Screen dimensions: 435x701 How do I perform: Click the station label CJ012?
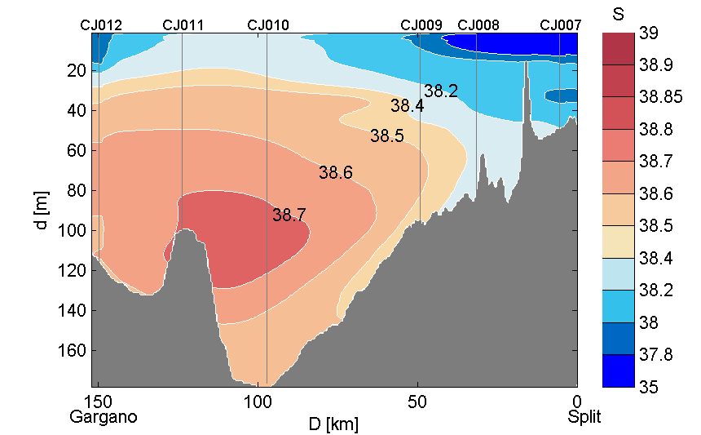[101, 25]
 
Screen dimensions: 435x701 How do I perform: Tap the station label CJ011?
[183, 25]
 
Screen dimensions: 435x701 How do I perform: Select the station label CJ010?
[267, 25]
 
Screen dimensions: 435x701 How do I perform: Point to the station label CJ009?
[421, 25]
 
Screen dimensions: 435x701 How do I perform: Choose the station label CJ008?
[478, 25]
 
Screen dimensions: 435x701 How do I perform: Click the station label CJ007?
[561, 25]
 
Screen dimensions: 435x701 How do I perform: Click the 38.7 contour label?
[289, 215]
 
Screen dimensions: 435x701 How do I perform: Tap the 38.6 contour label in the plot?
[336, 173]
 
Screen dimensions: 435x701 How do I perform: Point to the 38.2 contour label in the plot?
[441, 91]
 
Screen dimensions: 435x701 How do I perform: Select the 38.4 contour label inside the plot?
[407, 106]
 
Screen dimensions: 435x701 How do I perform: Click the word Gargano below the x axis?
[104, 417]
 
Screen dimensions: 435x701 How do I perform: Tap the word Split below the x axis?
[584, 417]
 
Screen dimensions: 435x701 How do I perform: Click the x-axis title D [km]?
[333, 424]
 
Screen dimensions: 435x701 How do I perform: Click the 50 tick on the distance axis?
[417, 402]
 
